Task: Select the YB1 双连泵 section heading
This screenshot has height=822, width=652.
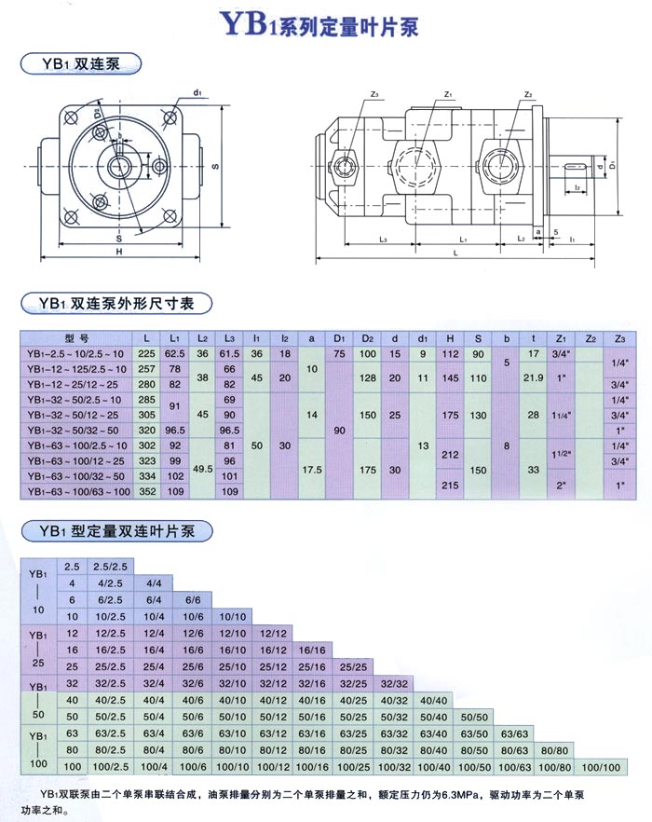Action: [x=80, y=64]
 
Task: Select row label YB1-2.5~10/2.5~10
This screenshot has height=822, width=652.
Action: [x=76, y=354]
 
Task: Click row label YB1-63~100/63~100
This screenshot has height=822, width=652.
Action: [x=78, y=490]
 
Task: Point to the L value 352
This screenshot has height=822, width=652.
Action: [x=146, y=490]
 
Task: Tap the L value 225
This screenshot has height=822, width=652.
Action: [x=146, y=354]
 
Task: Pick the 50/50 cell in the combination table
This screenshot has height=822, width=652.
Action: [x=475, y=715]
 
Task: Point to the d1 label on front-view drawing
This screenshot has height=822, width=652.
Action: [x=197, y=93]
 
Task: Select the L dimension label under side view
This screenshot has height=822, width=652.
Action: [x=455, y=253]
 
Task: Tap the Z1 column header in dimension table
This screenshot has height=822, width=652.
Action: [x=561, y=338]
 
